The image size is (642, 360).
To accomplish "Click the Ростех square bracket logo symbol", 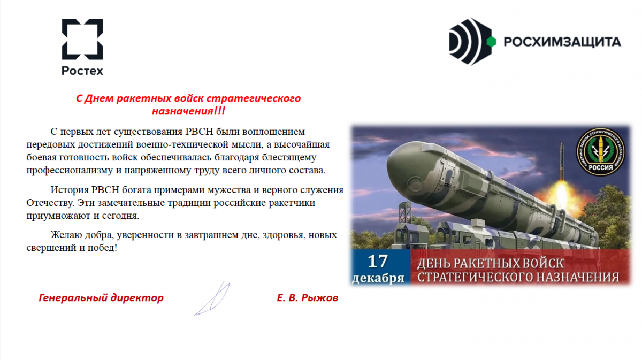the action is click(x=82, y=39).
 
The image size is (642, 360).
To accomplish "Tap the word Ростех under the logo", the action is click(x=82, y=71).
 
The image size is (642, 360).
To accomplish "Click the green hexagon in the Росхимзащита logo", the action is click(x=491, y=42).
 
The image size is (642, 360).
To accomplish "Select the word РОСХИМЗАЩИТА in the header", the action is click(x=562, y=42).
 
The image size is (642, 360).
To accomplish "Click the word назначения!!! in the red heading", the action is click(x=188, y=111).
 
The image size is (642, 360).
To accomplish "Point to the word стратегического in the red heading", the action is click(x=254, y=98).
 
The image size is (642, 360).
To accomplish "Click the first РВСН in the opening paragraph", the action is click(x=200, y=132).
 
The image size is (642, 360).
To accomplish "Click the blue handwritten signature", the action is click(x=212, y=298).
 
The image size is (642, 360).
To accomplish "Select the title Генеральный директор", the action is click(x=101, y=298).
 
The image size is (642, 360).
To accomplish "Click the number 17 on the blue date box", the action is click(x=378, y=261).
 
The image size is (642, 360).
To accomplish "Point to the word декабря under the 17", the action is click(x=378, y=278).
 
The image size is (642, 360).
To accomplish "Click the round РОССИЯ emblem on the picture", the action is click(x=601, y=151).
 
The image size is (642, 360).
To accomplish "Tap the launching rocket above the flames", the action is click(x=562, y=161).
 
